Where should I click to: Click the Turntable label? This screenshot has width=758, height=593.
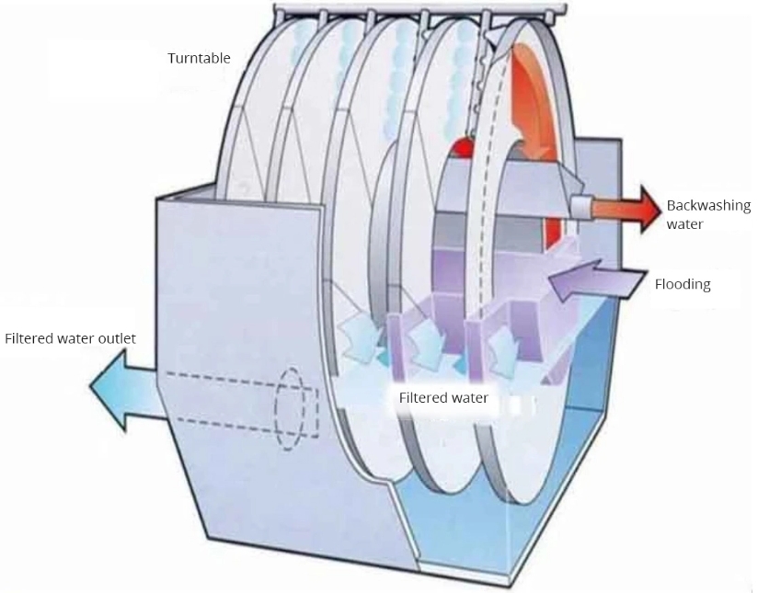(199, 59)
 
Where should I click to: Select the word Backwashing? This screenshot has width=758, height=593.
(708, 206)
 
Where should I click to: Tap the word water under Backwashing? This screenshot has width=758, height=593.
(685, 223)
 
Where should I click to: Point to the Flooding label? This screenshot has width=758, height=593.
(682, 284)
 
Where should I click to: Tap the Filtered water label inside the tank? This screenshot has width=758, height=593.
(442, 398)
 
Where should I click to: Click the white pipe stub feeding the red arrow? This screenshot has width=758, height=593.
(580, 207)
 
